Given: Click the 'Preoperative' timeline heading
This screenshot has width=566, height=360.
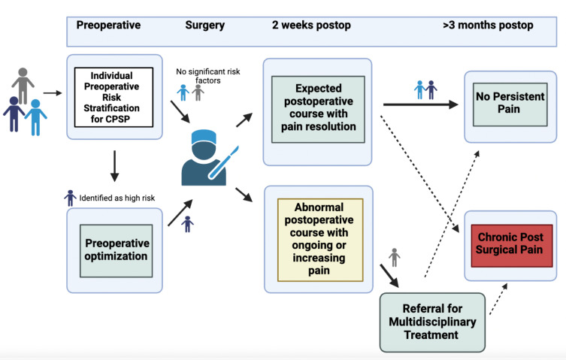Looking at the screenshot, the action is coord(108,26).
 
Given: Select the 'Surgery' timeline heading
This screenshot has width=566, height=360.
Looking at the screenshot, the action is coord(204,26).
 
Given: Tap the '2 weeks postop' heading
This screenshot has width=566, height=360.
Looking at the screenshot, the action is coord(311,26).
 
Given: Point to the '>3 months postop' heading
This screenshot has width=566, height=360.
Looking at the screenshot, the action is coord(488,26).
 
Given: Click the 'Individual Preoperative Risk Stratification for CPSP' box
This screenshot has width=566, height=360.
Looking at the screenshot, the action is coord(114,97).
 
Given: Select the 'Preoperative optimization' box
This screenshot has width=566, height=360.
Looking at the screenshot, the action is coord(117,250).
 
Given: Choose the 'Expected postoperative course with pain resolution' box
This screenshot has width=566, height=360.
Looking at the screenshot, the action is coord(318,109).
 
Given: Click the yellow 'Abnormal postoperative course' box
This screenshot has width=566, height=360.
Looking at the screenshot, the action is coord(320,240).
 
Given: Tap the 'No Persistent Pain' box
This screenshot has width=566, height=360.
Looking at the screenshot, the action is coord(510,104).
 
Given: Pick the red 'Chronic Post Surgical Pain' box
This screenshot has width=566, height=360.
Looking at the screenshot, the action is coord(511,246).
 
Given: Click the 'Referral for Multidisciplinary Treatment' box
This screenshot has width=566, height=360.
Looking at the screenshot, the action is coord(432,322).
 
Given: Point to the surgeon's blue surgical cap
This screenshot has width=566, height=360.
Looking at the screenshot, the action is coord(204,138).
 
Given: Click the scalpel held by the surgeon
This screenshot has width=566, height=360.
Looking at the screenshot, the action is coord(223,162).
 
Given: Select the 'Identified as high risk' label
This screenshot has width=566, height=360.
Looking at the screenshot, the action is coord(117,198).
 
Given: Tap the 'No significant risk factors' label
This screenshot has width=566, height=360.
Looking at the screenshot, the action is coord(208,76).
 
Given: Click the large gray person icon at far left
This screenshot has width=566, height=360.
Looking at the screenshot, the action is coord(23,86).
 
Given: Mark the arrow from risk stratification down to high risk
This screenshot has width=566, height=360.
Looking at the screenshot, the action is coord(114,166).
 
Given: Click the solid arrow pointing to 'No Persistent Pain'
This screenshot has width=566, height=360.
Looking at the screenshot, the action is coord(420,104).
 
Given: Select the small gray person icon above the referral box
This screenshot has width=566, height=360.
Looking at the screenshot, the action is coord(395,258).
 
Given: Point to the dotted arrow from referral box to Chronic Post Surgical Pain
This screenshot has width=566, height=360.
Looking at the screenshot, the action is coord(498,299).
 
